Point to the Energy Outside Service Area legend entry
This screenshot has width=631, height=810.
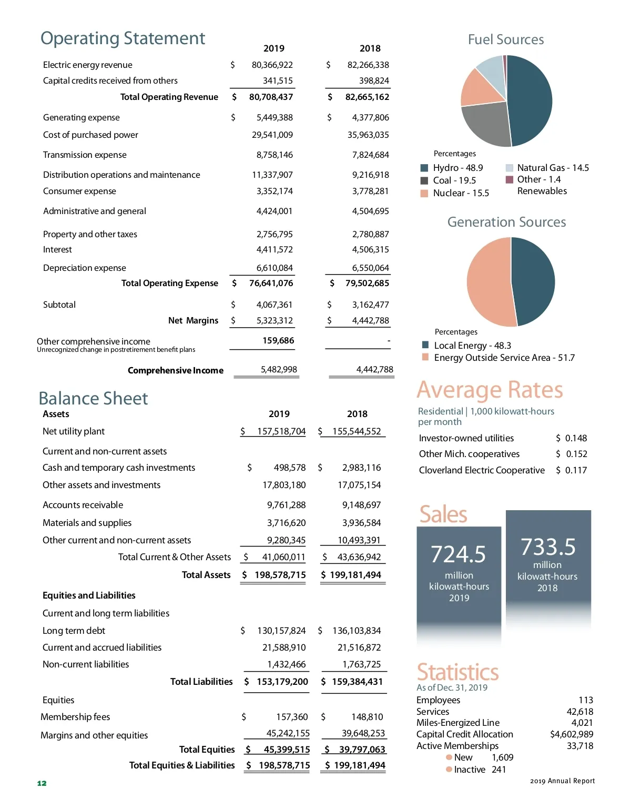pos(504,358)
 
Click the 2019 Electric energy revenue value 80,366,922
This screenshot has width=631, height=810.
pos(272,65)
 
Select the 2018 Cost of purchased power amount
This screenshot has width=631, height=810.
pos(368,135)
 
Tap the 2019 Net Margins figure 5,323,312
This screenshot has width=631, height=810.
pos(274,320)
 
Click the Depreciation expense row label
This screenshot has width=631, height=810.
pos(85,268)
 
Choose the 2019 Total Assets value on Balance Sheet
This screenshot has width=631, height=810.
pos(280,575)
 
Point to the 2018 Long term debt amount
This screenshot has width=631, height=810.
pos(357,631)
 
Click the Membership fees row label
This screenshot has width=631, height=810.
pos(76,717)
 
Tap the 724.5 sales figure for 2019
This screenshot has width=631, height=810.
pos(459,554)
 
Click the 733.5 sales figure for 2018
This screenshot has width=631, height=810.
pos(548,547)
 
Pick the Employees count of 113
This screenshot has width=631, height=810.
pos(586,700)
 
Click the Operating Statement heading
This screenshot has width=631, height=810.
pos(123,38)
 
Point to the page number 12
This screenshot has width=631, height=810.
pos(42,783)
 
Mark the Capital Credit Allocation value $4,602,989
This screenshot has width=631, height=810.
pos(572,734)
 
